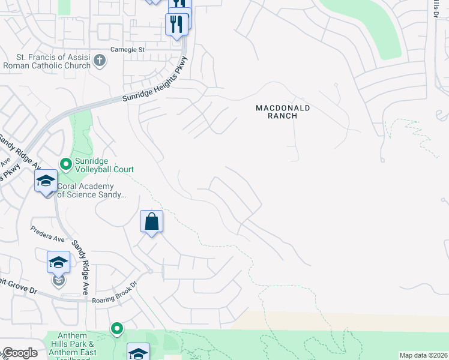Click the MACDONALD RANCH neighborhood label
pyautogui.click(x=283, y=112)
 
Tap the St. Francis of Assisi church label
pyautogui.click(x=47, y=61)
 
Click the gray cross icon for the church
pyautogui.click(x=100, y=61)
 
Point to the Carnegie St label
pyautogui.click(x=128, y=49)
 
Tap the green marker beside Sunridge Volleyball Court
pyautogui.click(x=65, y=163)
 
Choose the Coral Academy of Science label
pyautogui.click(x=92, y=190)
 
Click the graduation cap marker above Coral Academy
pyautogui.click(x=46, y=181)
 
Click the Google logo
pyautogui.click(x=19, y=353)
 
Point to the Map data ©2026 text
pyautogui.click(x=423, y=355)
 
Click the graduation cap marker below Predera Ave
pyautogui.click(x=58, y=262)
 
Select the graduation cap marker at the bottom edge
pyautogui.click(x=137, y=352)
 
